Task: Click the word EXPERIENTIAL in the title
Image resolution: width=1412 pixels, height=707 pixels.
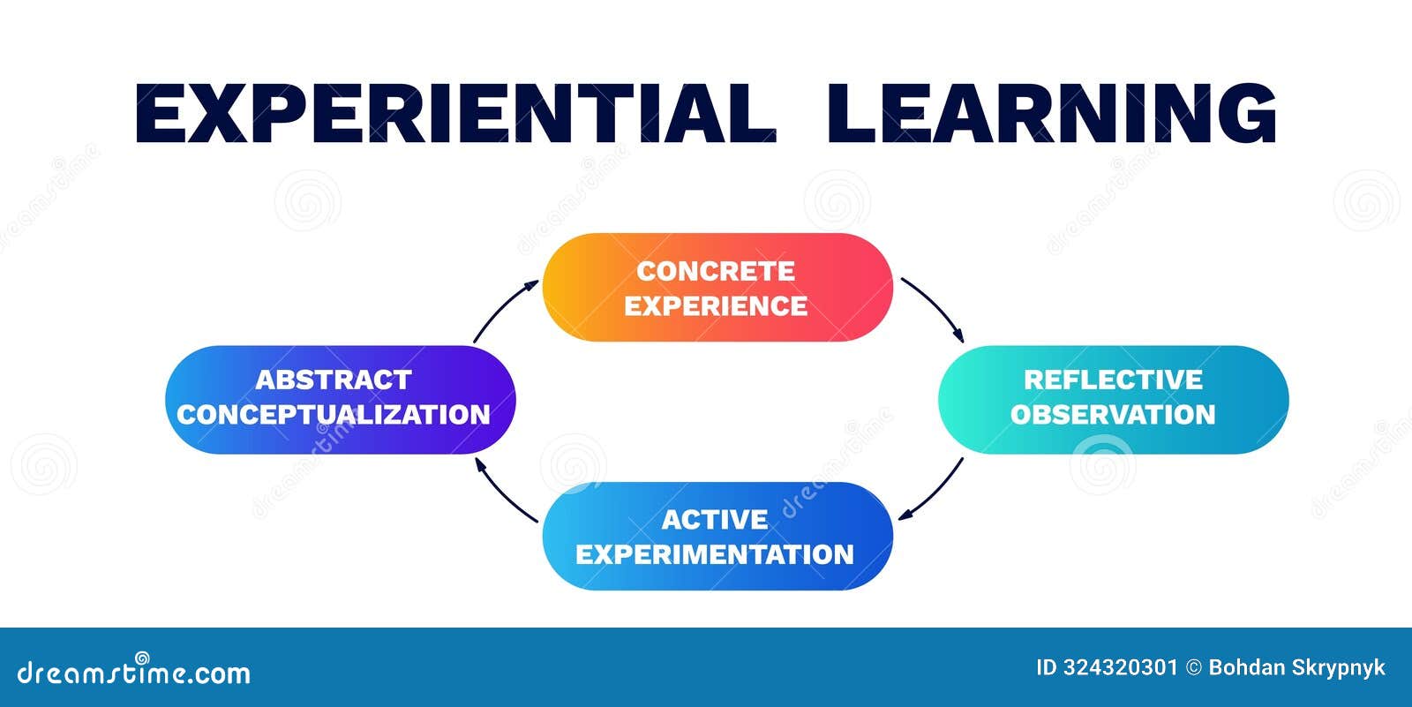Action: pos(454,113)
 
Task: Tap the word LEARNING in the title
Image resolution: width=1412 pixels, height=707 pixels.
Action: pos(1052,113)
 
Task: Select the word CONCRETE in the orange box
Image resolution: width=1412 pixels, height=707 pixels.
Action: pos(716,271)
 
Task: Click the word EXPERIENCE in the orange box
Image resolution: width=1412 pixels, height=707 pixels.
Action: pos(716,305)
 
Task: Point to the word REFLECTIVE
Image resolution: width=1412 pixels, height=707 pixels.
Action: pos(1113,380)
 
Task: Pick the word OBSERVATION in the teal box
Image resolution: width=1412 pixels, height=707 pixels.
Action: pos(1113,414)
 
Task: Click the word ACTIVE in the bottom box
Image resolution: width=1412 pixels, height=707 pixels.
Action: pos(715,520)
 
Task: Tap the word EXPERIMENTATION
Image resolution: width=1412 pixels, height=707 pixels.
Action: pos(715,554)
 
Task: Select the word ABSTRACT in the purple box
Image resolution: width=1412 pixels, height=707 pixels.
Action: pos(334,380)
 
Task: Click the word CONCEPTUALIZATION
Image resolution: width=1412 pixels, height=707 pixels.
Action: pos(334,414)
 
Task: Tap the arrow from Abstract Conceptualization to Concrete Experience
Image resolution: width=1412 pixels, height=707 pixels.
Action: pos(501,309)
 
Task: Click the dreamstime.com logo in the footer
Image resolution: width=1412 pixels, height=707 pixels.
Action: pos(134,673)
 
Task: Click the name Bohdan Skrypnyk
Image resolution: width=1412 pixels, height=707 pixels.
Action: pos(1296,668)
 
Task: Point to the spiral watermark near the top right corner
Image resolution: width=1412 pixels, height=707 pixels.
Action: pos(1365,201)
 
